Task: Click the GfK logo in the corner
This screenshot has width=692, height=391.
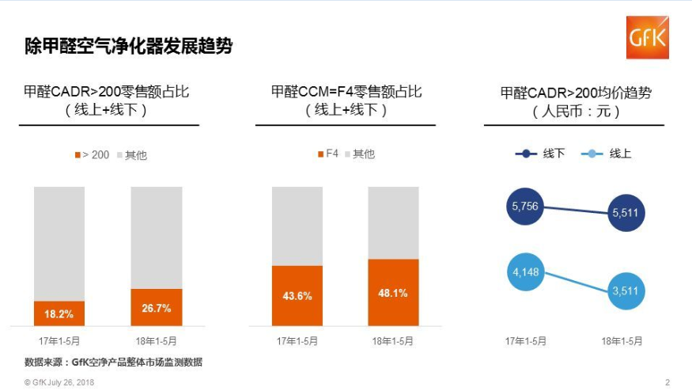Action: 647,37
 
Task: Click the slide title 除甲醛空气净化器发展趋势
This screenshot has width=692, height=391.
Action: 128,46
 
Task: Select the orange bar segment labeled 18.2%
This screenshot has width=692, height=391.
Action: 59,313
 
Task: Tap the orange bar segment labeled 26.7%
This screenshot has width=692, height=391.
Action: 157,307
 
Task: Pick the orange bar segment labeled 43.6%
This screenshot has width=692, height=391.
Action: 297,295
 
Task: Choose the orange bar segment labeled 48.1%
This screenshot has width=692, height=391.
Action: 393,292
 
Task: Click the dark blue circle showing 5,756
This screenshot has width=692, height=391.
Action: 525,206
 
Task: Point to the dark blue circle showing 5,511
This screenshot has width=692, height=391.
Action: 624,212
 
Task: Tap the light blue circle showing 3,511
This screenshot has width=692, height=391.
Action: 624,290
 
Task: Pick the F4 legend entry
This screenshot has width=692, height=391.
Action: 327,154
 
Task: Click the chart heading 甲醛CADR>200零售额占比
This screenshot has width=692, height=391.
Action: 107,92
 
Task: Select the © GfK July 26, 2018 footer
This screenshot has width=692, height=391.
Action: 59,382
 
